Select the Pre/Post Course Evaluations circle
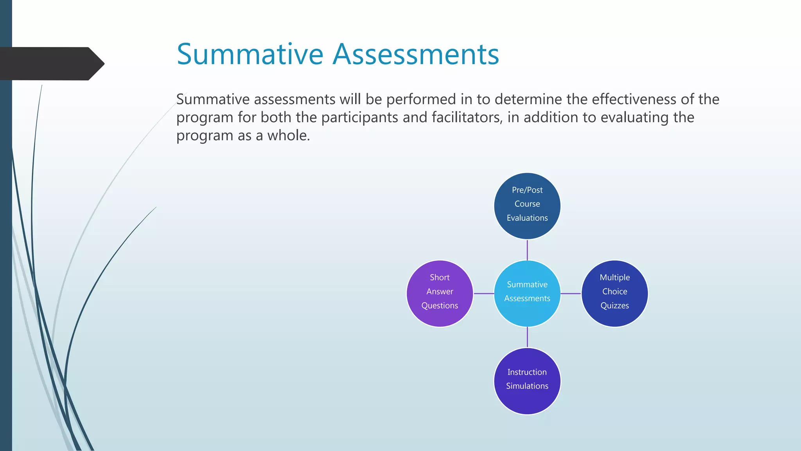point(527,206)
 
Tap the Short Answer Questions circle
point(440,294)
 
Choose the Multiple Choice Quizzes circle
point(614,294)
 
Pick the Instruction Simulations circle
point(527,381)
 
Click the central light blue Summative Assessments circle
point(527,293)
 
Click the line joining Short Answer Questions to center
point(484,293)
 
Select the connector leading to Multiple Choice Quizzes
point(571,293)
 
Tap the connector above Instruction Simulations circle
point(527,337)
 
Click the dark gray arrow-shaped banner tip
point(96,63)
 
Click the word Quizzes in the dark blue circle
point(614,306)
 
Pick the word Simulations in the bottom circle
point(527,386)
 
